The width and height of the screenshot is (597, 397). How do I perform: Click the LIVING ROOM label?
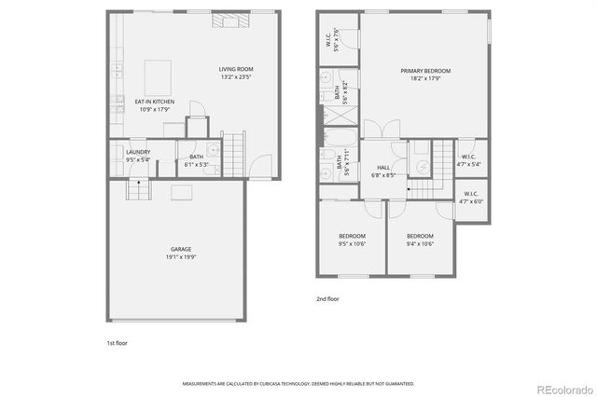click(x=236, y=69)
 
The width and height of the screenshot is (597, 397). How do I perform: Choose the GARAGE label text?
click(x=181, y=249)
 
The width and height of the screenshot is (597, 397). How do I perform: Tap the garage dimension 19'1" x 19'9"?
click(x=181, y=257)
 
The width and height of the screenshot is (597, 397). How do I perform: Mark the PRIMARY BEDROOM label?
click(x=425, y=71)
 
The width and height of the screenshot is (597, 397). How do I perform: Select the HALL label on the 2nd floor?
click(x=383, y=167)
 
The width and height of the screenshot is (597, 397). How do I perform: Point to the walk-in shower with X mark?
click(x=340, y=116)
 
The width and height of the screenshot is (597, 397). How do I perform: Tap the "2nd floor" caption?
click(x=328, y=299)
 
